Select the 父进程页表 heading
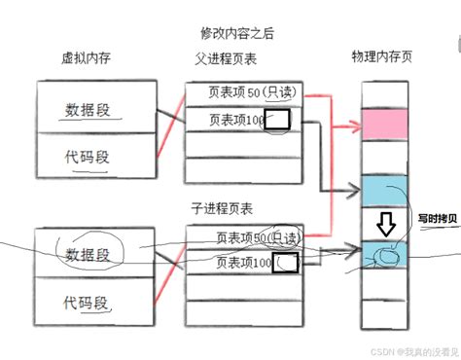point(226,58)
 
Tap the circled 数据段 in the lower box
point(88,254)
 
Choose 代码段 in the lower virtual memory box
point(87,300)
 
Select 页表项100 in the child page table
point(243,262)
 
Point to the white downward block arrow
point(386,227)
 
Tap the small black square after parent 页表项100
point(277,120)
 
